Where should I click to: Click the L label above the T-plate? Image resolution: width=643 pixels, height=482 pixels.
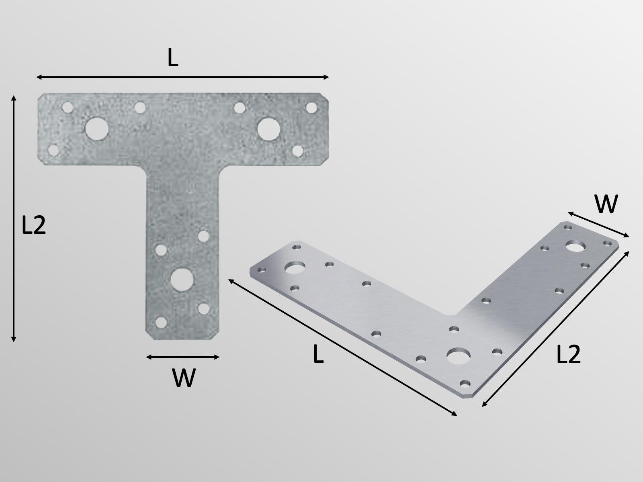[173, 59]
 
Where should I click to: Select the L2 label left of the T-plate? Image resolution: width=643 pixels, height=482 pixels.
[34, 226]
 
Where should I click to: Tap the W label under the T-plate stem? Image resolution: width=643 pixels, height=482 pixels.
[184, 378]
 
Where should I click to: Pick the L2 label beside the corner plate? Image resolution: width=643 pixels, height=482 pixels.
[569, 355]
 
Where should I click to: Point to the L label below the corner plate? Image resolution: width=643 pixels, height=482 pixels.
[318, 355]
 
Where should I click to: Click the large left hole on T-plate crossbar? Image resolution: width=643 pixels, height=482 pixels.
[97, 129]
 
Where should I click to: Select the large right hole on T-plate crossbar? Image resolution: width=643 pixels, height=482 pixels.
[269, 129]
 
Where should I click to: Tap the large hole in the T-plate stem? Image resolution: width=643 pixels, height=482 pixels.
[182, 279]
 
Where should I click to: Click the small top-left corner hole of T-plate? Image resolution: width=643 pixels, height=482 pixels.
[68, 108]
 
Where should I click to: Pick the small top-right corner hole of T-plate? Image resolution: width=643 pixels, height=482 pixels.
[311, 108]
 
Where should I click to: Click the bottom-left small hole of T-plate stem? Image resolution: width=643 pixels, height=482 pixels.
[161, 323]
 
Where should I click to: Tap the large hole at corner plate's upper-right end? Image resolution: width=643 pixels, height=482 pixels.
[575, 246]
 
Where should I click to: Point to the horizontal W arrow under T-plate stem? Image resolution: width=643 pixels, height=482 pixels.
[183, 357]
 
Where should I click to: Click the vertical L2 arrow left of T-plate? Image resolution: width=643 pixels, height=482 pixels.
[14, 219]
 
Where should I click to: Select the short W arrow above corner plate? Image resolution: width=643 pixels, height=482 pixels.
[598, 225]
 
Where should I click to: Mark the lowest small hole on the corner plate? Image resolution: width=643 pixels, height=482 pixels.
[465, 383]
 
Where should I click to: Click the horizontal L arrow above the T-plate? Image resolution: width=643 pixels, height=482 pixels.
[183, 77]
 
